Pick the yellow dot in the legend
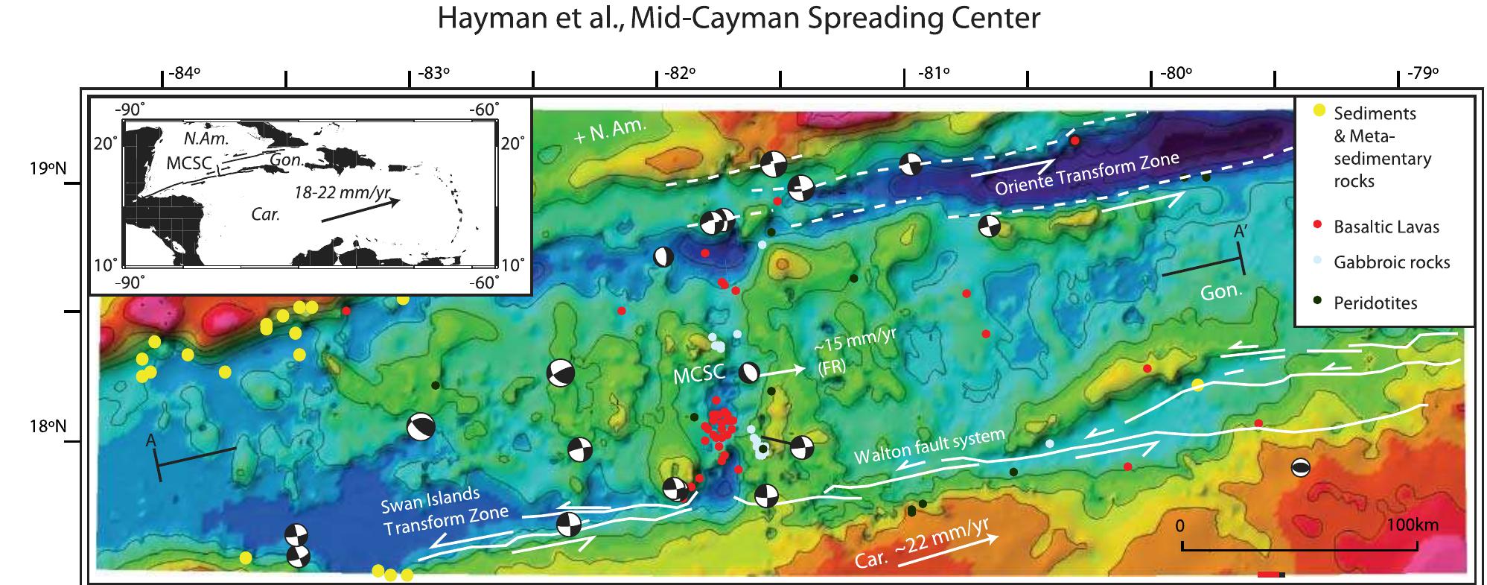1319,111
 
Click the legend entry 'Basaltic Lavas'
1386,227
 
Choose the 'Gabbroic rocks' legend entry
1392,262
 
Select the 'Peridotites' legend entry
1375,303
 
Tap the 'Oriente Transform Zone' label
1087,174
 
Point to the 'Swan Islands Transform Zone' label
445,512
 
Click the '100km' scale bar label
1412,525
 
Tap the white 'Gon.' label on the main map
1222,291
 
